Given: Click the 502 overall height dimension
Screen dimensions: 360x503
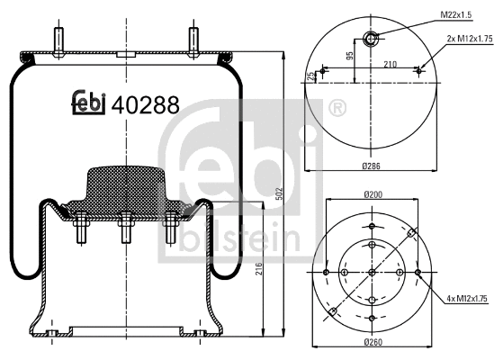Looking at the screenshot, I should pos(280,193).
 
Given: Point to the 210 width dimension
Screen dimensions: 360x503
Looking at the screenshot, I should pos(390,64).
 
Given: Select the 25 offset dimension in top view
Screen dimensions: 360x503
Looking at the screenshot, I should pos(310,76).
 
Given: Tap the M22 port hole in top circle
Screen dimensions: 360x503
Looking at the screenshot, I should pos(370,37).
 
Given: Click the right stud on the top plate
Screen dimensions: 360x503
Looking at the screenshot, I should pos(192,41).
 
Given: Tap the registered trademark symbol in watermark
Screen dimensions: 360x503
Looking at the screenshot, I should pos(337,111).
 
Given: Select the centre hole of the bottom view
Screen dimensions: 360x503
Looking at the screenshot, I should pos(371,271).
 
